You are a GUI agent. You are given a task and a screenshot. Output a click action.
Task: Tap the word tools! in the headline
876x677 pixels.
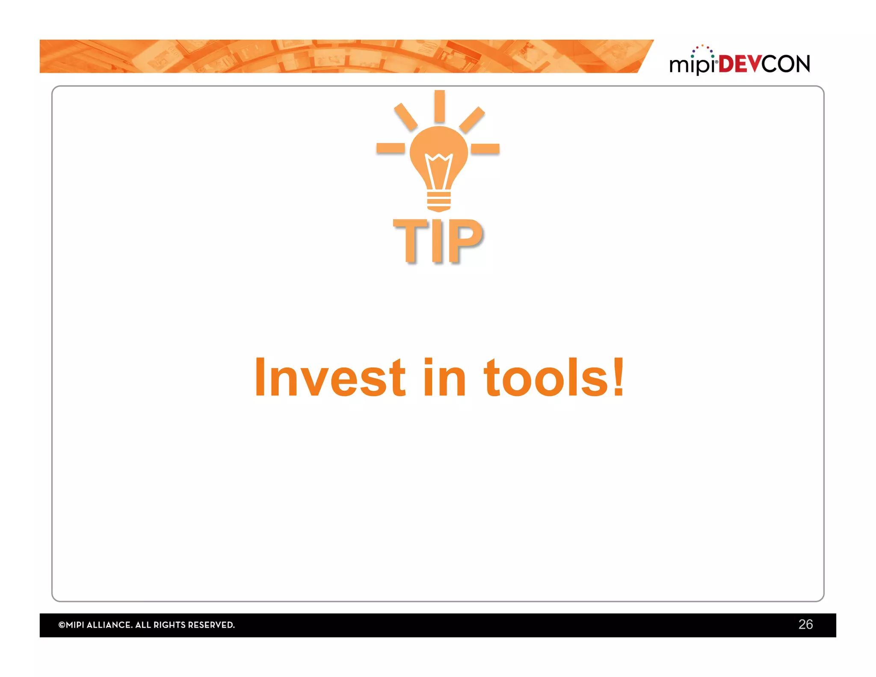[554, 377]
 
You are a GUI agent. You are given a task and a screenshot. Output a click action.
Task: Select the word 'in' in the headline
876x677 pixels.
[444, 377]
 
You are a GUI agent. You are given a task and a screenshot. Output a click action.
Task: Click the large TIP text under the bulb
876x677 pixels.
[438, 241]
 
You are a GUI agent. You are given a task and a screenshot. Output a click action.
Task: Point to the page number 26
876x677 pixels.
[805, 624]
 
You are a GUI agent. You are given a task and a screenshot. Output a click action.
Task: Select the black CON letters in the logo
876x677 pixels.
[786, 64]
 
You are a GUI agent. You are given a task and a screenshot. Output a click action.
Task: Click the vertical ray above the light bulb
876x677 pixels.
[439, 106]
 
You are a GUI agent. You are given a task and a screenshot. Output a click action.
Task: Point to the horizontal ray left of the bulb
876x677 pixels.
[391, 148]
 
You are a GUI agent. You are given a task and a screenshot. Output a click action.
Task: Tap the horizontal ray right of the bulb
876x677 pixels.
[485, 148]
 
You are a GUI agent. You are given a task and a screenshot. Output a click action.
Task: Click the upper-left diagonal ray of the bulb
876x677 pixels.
[405, 116]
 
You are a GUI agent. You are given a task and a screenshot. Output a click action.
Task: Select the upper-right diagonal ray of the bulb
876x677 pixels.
[472, 120]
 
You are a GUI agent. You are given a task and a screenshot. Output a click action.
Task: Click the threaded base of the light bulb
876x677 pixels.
[439, 202]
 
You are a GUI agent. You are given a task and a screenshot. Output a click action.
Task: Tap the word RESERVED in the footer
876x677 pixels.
[211, 625]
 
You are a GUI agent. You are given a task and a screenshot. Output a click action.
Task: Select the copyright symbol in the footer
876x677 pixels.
[62, 625]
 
